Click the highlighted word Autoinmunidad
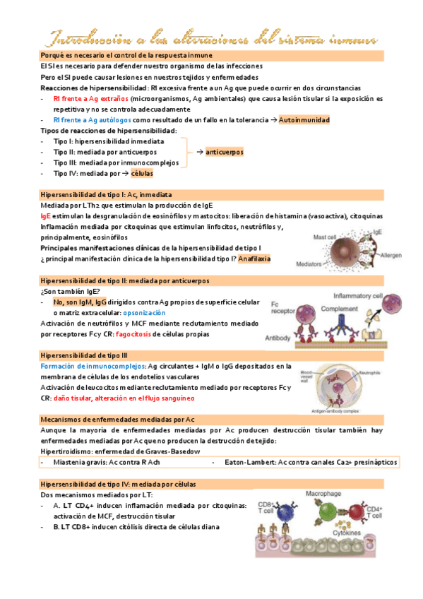click(x=304, y=121)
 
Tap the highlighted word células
click(x=142, y=173)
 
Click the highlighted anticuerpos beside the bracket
click(x=225, y=152)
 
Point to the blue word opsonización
click(x=144, y=312)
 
